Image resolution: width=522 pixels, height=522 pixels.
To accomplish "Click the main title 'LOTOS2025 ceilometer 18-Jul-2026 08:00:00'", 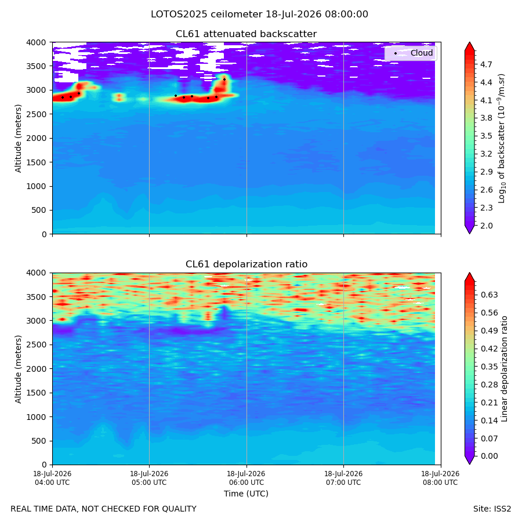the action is coord(259,14).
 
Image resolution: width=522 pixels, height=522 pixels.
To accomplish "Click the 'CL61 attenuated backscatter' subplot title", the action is coord(246,34).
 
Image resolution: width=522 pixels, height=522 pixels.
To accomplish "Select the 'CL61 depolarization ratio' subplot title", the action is coord(246,264).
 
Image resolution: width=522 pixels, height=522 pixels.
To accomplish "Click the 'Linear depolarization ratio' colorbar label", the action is coord(504,369).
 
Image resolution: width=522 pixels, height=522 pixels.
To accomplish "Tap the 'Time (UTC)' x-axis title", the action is coord(246,494).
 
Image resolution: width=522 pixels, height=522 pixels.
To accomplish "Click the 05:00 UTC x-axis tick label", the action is coord(149,478).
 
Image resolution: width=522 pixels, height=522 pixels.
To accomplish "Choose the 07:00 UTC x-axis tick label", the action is coord(343,478).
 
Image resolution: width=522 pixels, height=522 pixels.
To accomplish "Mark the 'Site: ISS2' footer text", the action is coord(492,509).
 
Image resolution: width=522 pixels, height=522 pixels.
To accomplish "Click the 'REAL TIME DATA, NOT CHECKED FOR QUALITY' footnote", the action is coord(104,509).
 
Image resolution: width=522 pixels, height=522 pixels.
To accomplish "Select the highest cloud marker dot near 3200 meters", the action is coord(224,79).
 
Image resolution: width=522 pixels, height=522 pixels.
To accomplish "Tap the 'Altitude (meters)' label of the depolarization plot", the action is coord(18,369).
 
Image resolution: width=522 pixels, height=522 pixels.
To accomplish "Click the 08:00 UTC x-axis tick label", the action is coord(440,478).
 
